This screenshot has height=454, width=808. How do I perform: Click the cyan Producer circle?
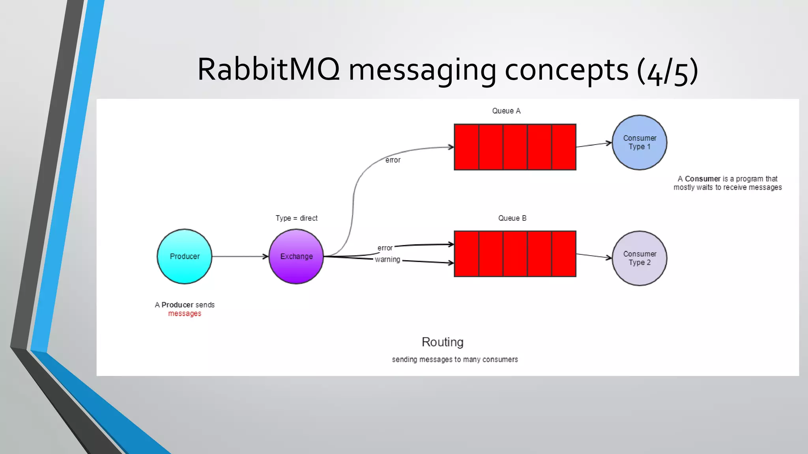[184, 256]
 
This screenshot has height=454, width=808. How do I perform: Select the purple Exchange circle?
[296, 256]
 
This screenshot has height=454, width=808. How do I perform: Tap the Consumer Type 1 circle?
[639, 142]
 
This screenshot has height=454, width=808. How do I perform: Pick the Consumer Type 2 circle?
[639, 258]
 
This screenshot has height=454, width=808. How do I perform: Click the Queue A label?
[506, 111]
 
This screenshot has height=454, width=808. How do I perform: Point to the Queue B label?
[512, 218]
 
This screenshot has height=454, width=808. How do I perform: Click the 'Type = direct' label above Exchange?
[296, 218]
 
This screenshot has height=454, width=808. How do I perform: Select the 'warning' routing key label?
[387, 260]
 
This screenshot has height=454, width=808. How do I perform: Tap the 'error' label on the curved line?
[393, 160]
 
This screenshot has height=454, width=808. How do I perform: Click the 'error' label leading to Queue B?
[385, 248]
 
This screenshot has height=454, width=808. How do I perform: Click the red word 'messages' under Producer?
[185, 314]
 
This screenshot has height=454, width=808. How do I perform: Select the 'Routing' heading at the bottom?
[442, 342]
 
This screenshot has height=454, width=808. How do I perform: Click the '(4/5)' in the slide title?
[667, 71]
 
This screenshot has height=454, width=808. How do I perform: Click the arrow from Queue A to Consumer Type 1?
[594, 145]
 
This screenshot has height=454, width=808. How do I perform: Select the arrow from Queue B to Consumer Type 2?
[594, 256]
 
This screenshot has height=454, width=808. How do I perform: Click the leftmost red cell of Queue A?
[466, 147]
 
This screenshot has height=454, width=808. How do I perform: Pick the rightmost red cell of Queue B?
[564, 254]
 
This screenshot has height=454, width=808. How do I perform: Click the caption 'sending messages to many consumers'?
[454, 359]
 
